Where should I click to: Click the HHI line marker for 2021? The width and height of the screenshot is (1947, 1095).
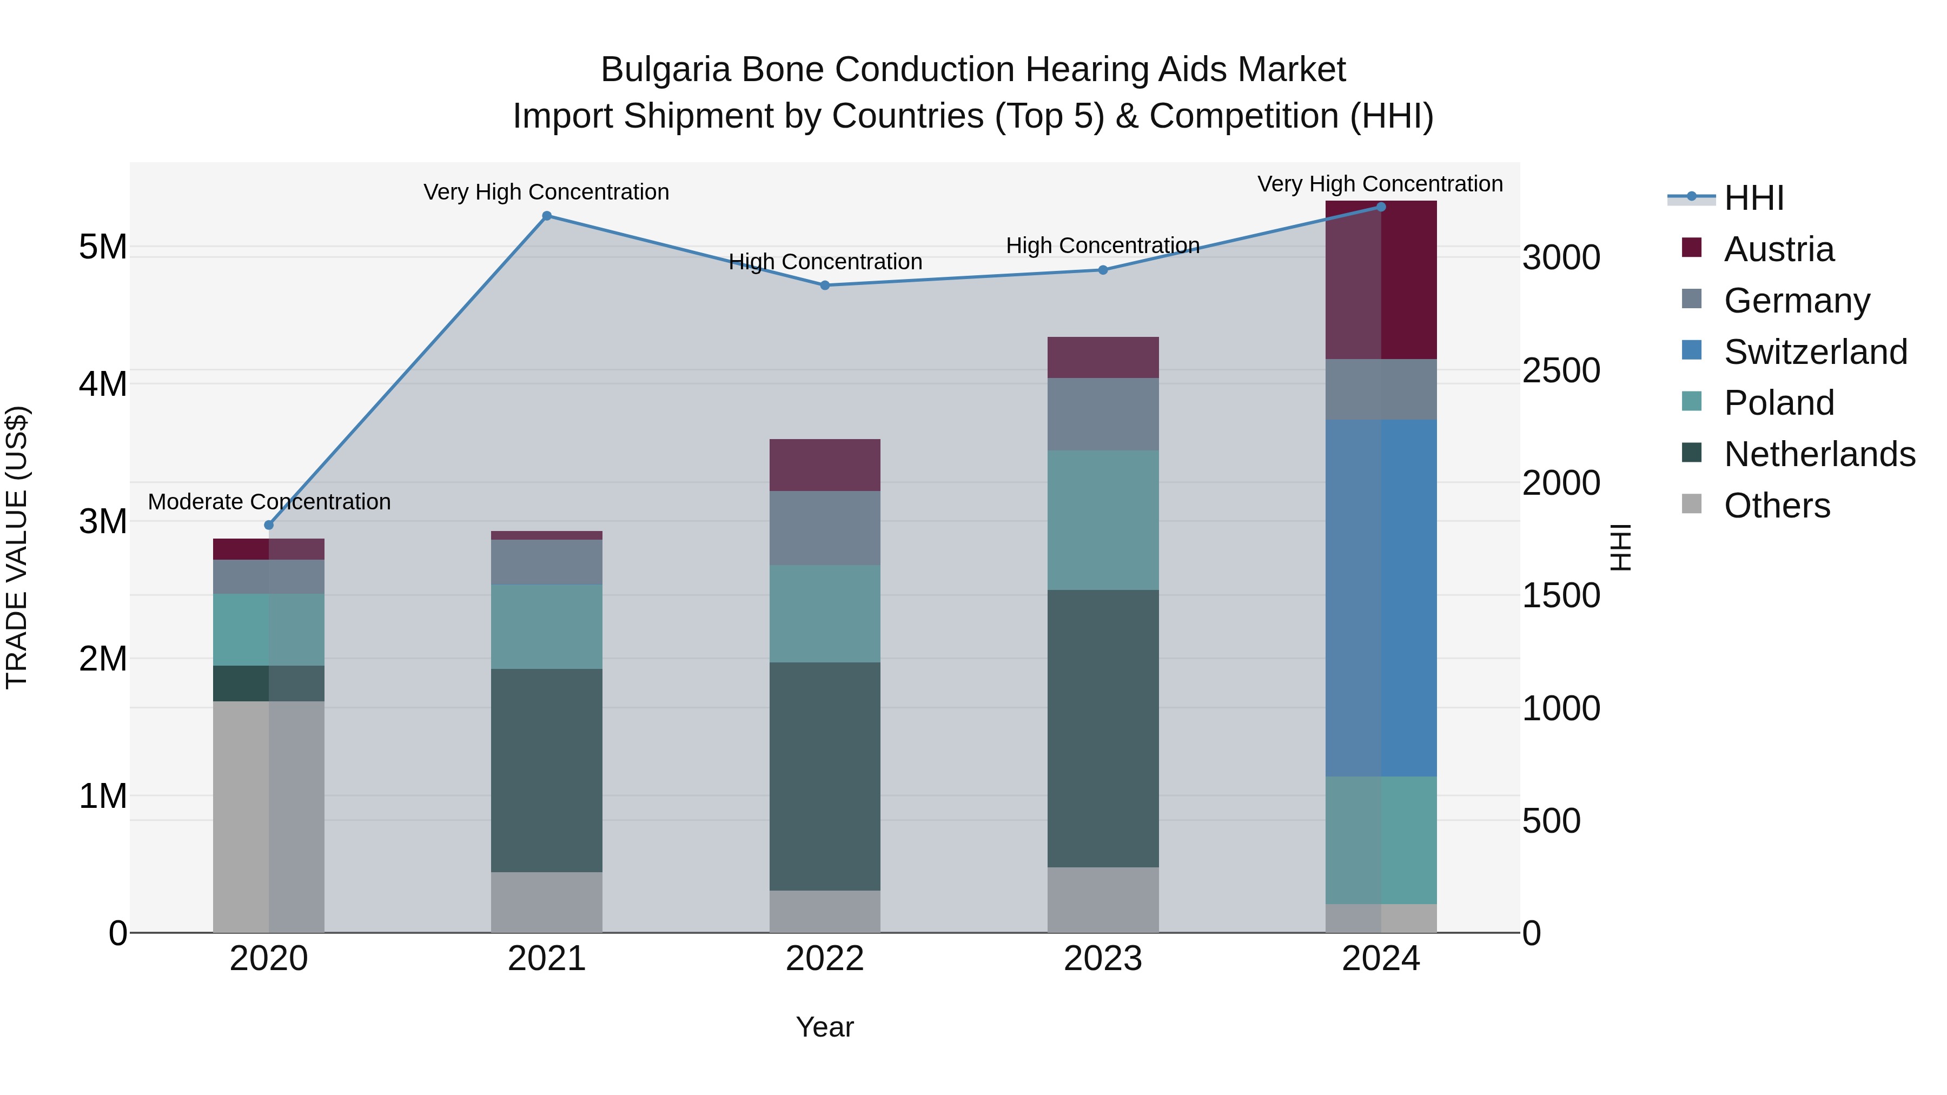[x=546, y=216]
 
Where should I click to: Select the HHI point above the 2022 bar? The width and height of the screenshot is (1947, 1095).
[x=825, y=286]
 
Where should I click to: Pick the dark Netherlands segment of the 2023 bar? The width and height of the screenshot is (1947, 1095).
[x=1103, y=728]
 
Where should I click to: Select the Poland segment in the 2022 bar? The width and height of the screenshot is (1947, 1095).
[x=825, y=614]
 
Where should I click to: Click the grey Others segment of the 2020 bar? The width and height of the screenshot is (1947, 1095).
[x=268, y=816]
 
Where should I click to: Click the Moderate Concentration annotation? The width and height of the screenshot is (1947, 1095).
[x=269, y=502]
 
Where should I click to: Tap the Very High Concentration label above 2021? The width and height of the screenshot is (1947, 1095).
[x=546, y=192]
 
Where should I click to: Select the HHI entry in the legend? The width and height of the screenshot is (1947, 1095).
[x=1753, y=198]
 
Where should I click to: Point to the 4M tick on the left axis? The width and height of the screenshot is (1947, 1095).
[x=103, y=384]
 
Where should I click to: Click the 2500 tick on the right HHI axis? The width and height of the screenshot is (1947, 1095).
[x=1561, y=370]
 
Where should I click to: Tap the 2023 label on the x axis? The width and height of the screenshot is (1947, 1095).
[x=1103, y=959]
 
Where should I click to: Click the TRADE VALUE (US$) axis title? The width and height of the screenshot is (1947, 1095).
[x=17, y=547]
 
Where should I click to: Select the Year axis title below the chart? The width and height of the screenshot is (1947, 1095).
[x=825, y=1027]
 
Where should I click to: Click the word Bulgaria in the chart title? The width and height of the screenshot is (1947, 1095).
[x=665, y=70]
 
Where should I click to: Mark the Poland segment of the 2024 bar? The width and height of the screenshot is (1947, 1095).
[x=1381, y=840]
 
